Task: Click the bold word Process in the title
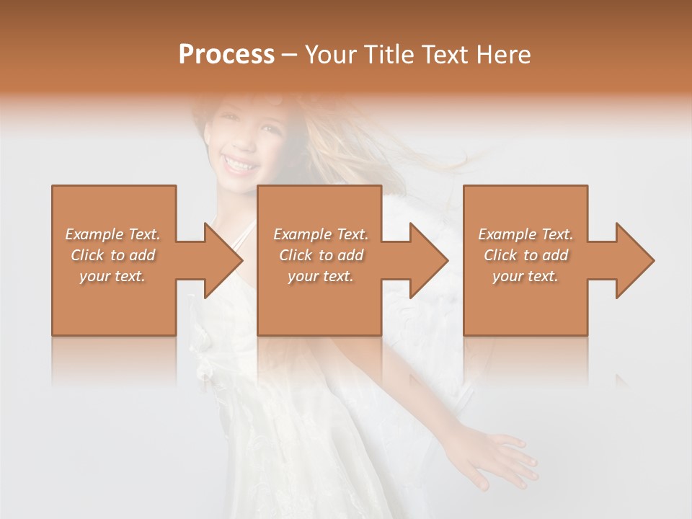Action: [x=226, y=55]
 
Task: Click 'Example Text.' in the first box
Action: [x=112, y=234]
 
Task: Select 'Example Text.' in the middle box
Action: [x=321, y=234]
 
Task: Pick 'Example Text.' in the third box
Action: [x=525, y=234]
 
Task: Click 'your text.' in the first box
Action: [x=112, y=276]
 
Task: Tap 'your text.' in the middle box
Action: [x=321, y=276]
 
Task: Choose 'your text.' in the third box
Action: [x=525, y=276]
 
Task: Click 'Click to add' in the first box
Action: [x=112, y=255]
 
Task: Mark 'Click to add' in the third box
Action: [x=525, y=255]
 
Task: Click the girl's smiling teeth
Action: [x=239, y=164]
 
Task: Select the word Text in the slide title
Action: [x=444, y=55]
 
